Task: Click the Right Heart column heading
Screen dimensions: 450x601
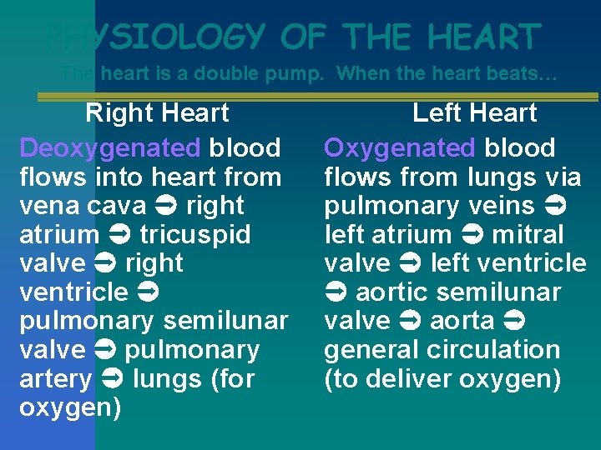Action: (157, 112)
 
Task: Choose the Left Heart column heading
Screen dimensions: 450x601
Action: (474, 112)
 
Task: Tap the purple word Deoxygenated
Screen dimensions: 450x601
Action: (109, 148)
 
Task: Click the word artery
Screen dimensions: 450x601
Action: (55, 379)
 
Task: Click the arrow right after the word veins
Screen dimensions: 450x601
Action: (555, 206)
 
